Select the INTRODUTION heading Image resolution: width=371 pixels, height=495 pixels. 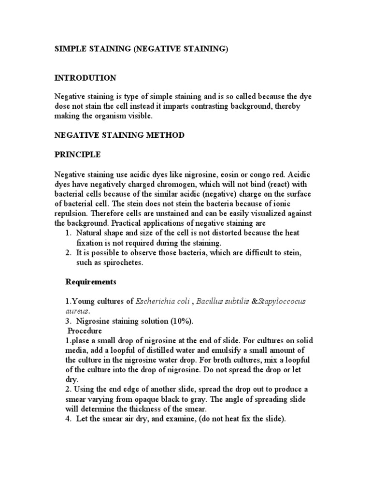pyautogui.click(x=85, y=78)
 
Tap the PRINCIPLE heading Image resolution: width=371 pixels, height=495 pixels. pyautogui.click(x=77, y=155)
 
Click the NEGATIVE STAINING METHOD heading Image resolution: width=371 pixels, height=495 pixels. pyautogui.click(x=119, y=135)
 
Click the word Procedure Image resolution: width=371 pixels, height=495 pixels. pyautogui.click(x=85, y=331)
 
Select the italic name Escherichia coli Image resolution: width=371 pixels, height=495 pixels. pyautogui.click(x=162, y=301)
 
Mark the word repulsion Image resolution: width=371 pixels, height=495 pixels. pyautogui.click(x=71, y=214)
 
